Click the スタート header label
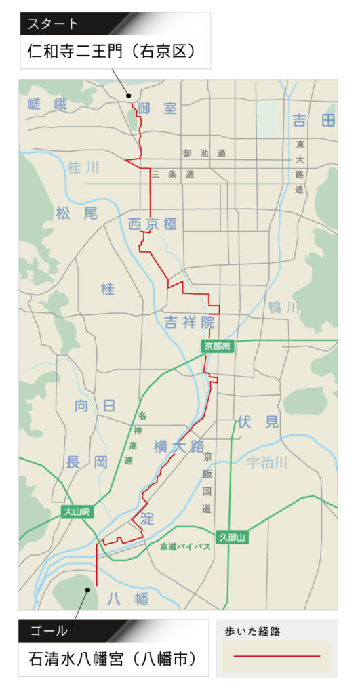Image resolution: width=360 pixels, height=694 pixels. point(54,24)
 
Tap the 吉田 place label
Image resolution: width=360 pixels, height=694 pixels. point(313,121)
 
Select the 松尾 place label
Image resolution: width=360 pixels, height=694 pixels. point(77,213)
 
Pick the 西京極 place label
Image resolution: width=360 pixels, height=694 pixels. point(153,224)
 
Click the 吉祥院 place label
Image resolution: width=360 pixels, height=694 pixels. point(189,323)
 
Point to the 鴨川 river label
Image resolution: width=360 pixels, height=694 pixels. point(283,308)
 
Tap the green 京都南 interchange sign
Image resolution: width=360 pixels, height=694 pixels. point(218,346)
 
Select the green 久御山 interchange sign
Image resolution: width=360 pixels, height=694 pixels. point(231,537)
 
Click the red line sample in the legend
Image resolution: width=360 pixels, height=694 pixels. point(277,656)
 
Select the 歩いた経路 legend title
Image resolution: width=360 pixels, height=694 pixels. point(252,632)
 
